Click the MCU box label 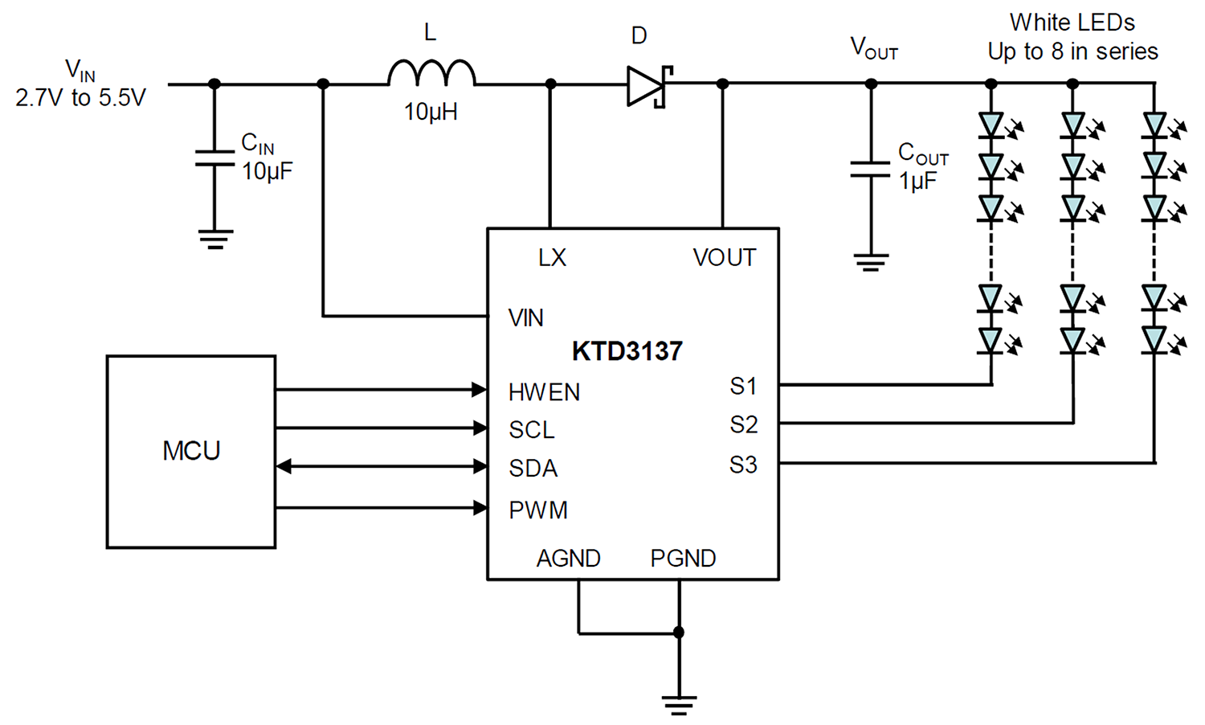coord(191,450)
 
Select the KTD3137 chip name coord(627,351)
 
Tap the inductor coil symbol coord(431,72)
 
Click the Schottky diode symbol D coord(650,86)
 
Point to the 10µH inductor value coord(431,113)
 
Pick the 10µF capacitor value coord(267,171)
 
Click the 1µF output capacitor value coord(917,181)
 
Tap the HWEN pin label coord(544,392)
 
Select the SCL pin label coord(532,429)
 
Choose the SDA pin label coord(533,469)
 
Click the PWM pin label coord(538,510)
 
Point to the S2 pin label coord(743,424)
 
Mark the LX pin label coord(553,258)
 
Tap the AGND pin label coord(569,558)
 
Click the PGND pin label coord(683,558)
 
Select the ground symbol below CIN coord(215,240)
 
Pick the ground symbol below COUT coord(871,262)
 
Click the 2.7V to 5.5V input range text coord(80,98)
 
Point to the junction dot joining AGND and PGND coord(679,633)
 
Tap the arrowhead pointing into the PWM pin coord(480,507)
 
